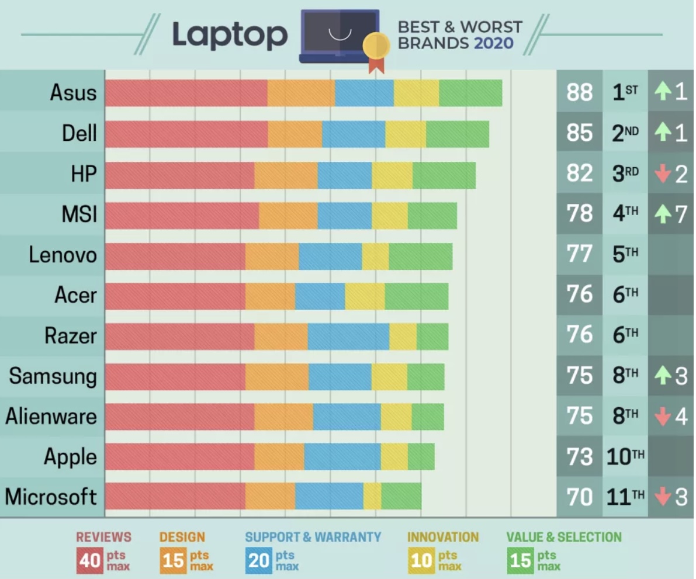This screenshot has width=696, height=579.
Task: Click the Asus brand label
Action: tap(73, 92)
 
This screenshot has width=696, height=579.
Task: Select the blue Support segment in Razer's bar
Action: tap(348, 337)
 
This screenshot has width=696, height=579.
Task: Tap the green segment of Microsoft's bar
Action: tap(401, 497)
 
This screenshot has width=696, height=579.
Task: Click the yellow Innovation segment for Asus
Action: tap(416, 93)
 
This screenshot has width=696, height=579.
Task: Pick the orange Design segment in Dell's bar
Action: tap(295, 134)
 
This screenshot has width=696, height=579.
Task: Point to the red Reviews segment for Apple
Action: tap(179, 456)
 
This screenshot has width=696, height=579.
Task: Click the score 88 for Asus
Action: tap(579, 92)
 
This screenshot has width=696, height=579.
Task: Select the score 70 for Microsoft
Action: tap(579, 497)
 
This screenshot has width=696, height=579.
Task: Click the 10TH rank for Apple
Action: tap(625, 457)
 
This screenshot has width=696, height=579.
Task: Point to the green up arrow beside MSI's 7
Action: tap(662, 214)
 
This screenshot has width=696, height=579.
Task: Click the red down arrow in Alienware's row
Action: tap(662, 417)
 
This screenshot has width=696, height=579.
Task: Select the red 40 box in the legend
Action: tap(90, 560)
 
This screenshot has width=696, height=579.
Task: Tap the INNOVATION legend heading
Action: tap(442, 537)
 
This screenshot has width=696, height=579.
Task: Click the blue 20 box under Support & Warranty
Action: tap(258, 560)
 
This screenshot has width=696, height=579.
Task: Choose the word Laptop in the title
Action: tap(230, 34)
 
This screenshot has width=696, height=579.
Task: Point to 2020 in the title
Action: tap(494, 43)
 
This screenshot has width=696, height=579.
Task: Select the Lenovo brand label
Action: tap(63, 255)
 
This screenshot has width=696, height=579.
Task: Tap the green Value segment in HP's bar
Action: tap(444, 175)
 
